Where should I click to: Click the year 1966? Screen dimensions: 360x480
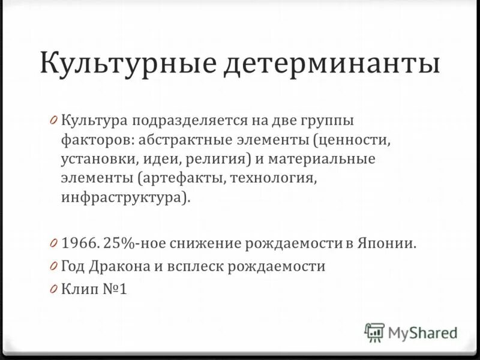click(79, 244)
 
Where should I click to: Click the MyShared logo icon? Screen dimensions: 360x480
click(374, 331)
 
